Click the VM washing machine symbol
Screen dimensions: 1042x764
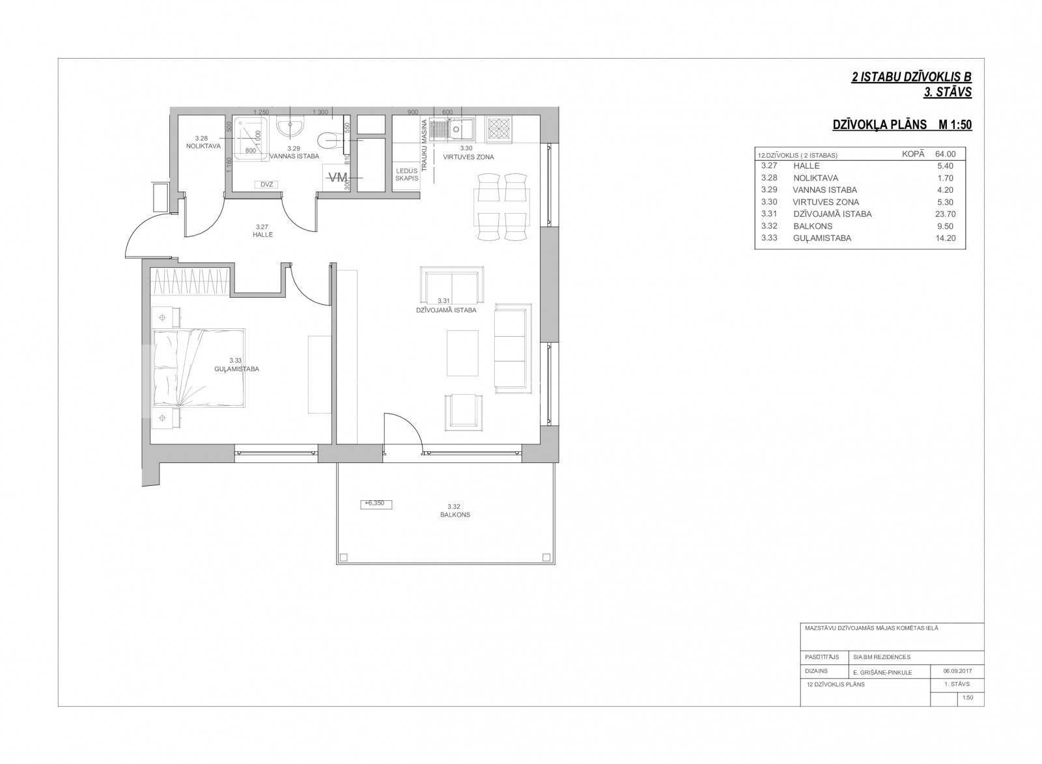(x=338, y=177)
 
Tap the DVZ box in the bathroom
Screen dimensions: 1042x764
(x=266, y=184)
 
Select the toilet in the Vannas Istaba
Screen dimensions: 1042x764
(x=331, y=139)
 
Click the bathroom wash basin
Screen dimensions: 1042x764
(x=290, y=126)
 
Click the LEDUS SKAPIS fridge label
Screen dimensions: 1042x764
(x=406, y=175)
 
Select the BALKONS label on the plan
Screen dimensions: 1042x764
(x=455, y=515)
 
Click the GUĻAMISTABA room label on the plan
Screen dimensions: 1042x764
(x=237, y=369)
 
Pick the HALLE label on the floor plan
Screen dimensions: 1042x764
(x=263, y=235)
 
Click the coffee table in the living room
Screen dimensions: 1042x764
(x=462, y=353)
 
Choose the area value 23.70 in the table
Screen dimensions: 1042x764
(x=945, y=214)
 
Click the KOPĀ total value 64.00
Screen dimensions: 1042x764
(x=945, y=154)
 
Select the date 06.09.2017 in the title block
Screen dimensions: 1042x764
(x=958, y=672)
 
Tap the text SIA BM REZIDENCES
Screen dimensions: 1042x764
(x=882, y=657)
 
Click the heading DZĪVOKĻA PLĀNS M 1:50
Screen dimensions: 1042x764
(x=902, y=124)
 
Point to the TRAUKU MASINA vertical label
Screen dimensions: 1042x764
(x=424, y=145)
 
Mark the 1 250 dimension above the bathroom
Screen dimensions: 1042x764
(x=261, y=112)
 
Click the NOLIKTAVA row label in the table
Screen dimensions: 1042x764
(x=816, y=178)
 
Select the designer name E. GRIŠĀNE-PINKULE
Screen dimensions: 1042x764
(x=883, y=672)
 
